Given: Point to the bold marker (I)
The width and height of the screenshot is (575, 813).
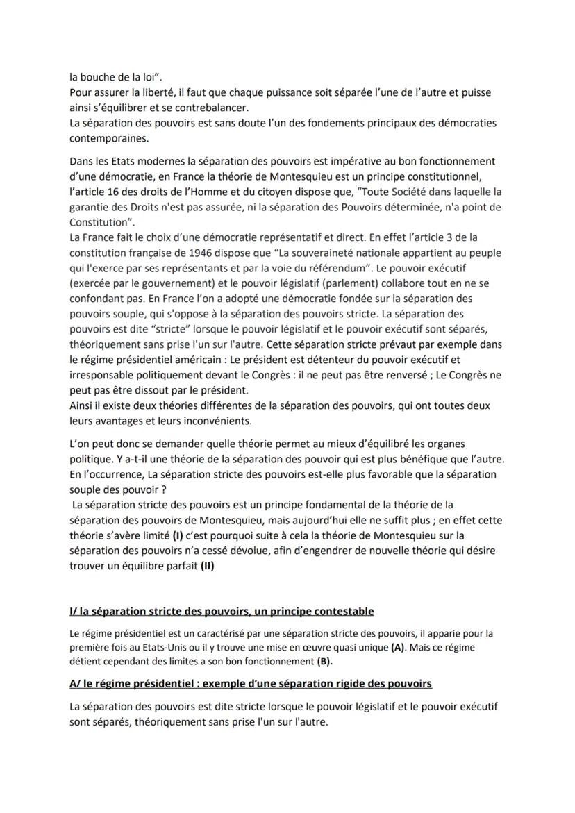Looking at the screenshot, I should tap(179, 536).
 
